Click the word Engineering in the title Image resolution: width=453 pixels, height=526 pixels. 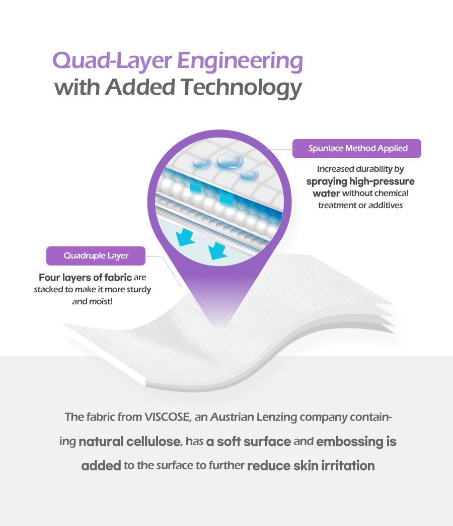click(240, 62)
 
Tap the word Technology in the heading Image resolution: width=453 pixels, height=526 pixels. click(241, 88)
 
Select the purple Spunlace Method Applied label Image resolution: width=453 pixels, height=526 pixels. click(356, 149)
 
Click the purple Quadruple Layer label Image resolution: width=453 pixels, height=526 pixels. click(96, 255)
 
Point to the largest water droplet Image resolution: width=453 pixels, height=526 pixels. click(230, 160)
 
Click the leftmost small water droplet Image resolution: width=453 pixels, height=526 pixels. click(202, 163)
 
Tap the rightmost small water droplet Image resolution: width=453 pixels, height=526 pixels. click(250, 174)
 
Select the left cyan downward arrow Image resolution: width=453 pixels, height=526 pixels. click(186, 237)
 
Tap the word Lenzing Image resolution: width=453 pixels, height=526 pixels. click(277, 418)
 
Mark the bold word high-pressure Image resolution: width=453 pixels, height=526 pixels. click(382, 181)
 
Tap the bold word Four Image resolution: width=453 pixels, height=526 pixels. click(49, 278)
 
